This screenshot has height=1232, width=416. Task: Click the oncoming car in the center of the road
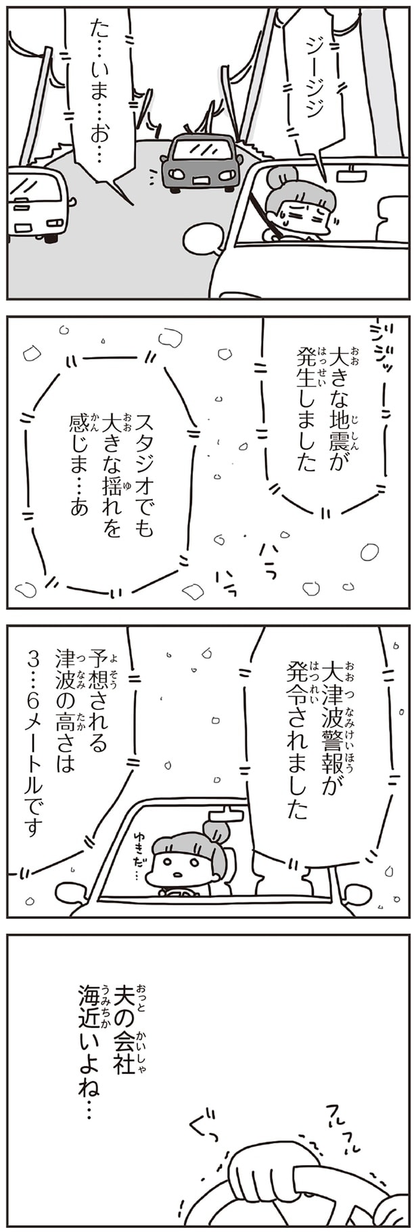tap(201, 163)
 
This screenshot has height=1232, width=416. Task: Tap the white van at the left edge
tap(37, 203)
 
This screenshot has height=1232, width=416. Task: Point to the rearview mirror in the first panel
tap(352, 174)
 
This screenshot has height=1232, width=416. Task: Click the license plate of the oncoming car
tap(202, 179)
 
